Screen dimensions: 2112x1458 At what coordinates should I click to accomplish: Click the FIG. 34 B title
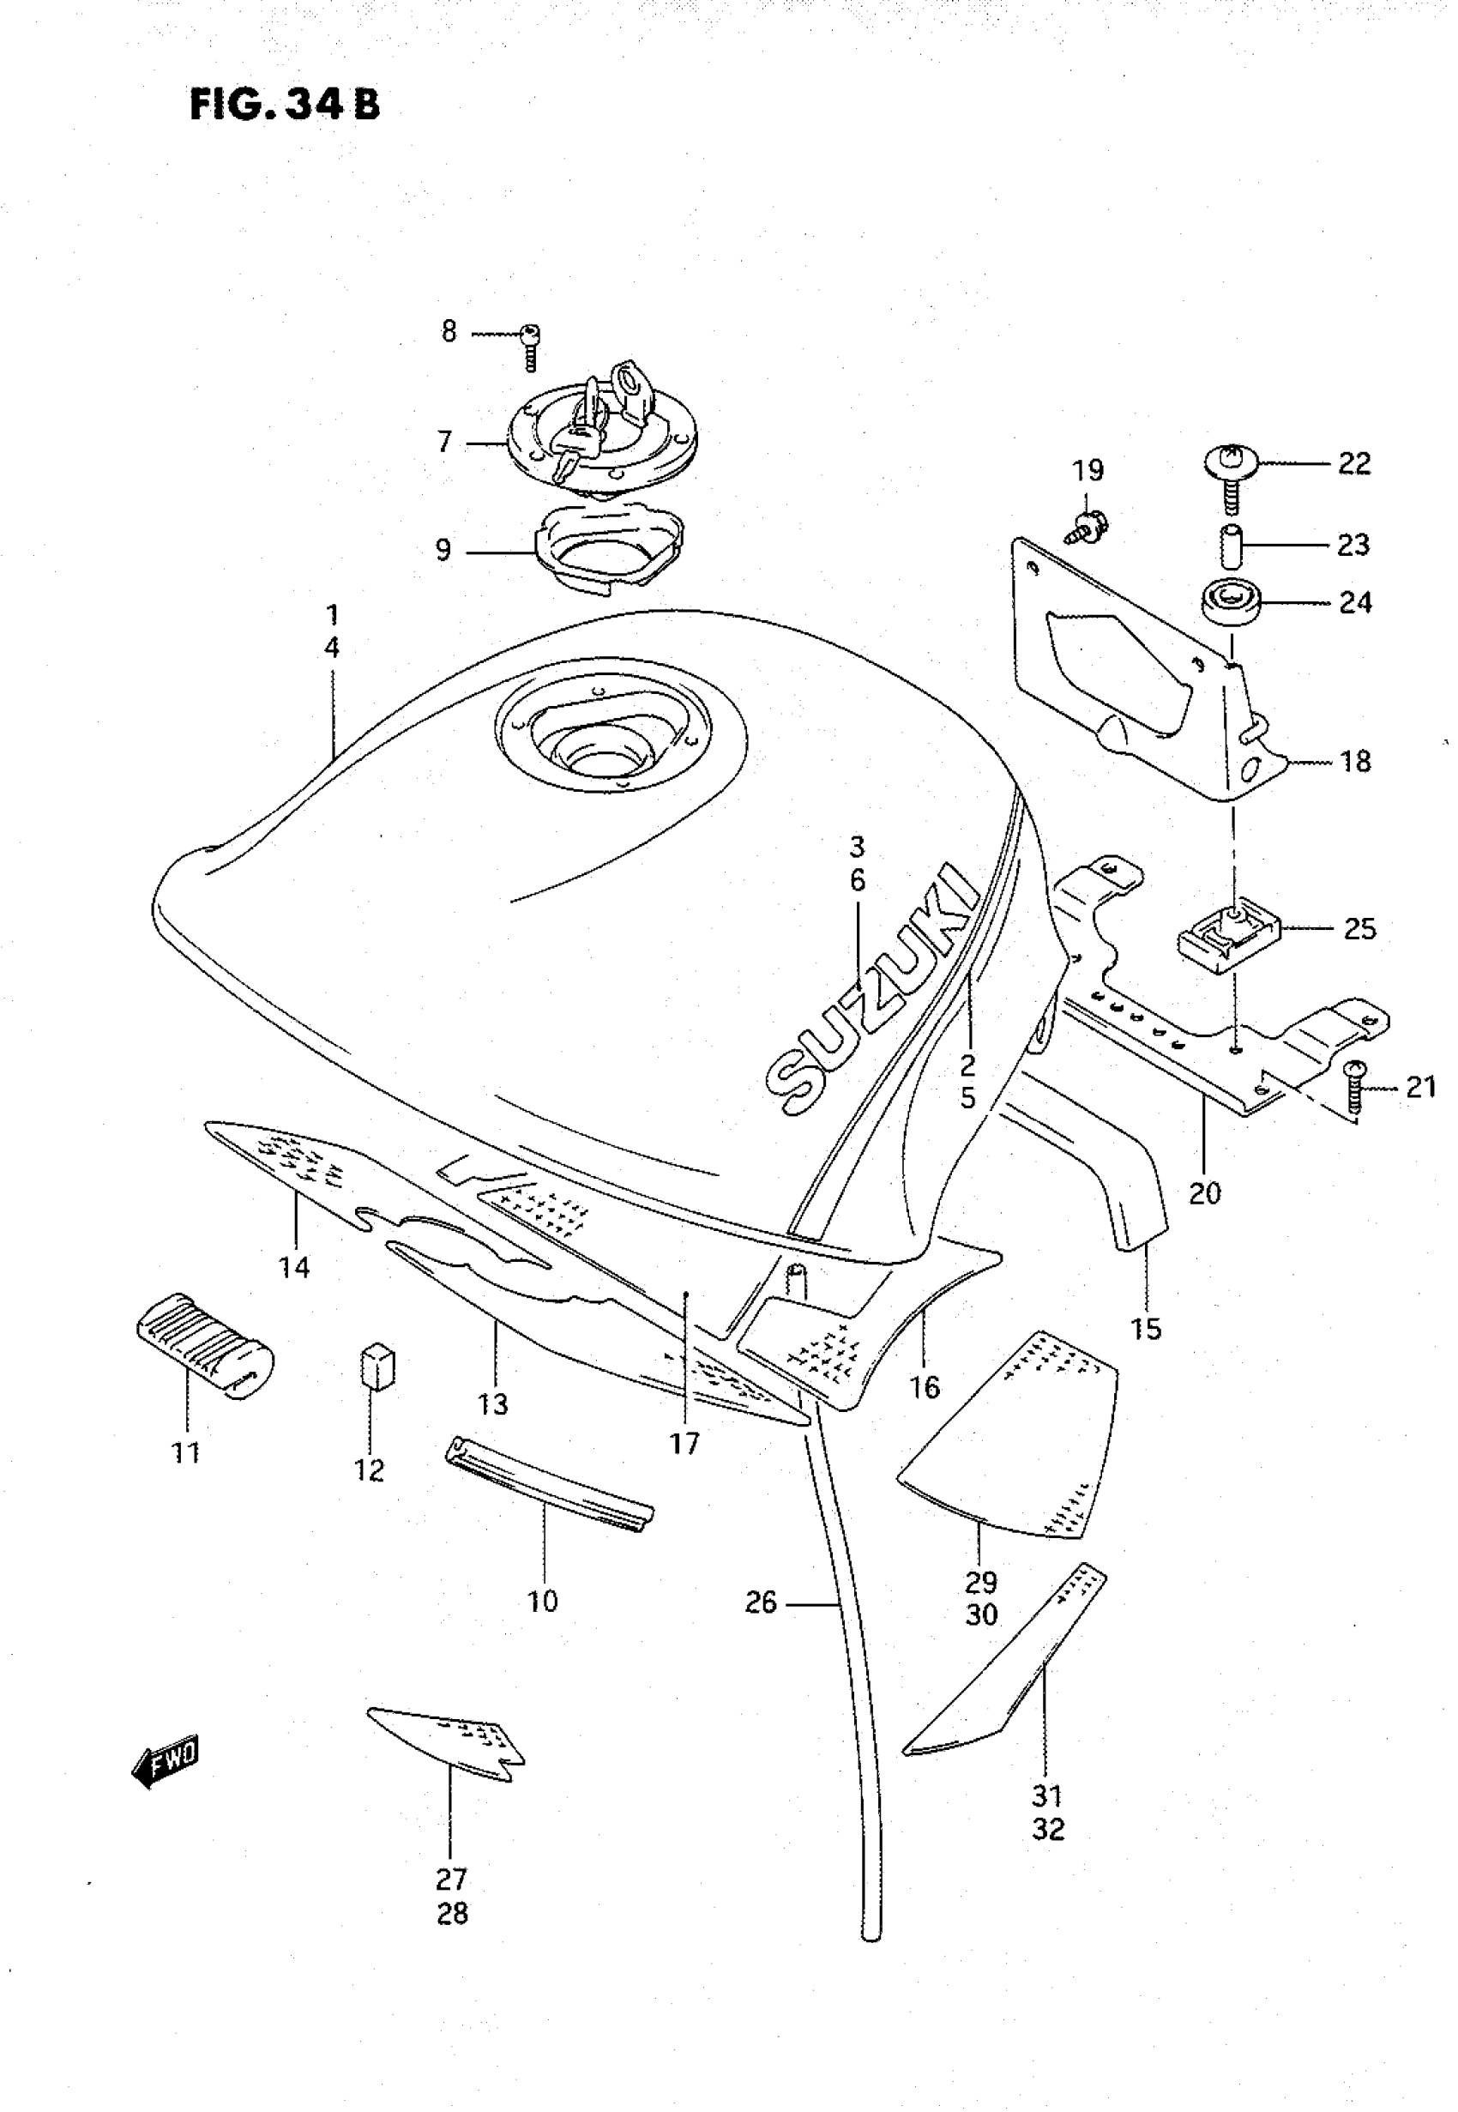284,105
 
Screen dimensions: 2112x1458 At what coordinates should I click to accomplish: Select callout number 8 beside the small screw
449,332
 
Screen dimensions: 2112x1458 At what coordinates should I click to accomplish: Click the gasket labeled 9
607,550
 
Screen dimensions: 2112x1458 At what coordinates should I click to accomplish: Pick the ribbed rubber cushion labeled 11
205,1343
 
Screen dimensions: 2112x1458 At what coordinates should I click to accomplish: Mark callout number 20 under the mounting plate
1205,1192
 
